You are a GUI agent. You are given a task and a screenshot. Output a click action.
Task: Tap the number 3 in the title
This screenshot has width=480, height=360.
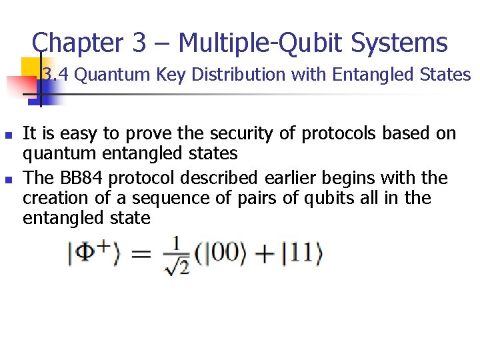[139, 43]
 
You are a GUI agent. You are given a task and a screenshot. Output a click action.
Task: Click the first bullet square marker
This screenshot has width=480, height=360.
[8, 135]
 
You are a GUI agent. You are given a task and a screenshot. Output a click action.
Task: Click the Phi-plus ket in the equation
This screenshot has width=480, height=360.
[93, 254]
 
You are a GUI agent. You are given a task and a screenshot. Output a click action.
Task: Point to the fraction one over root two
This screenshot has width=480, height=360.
[175, 255]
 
